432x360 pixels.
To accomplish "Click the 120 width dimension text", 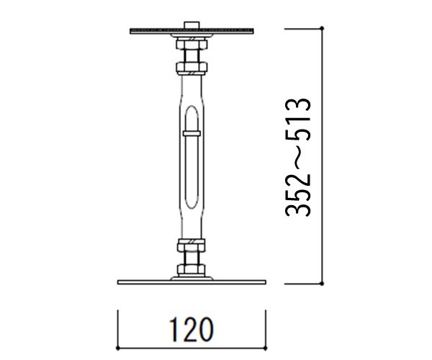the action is tap(192, 330).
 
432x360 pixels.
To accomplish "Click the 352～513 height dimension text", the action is tap(298, 157).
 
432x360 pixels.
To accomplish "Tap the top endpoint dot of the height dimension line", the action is tap(322, 28).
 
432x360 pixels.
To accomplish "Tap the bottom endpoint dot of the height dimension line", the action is tap(322, 284).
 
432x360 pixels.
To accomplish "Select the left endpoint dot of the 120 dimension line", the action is tap(118, 348).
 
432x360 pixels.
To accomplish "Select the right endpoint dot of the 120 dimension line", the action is tap(265, 348).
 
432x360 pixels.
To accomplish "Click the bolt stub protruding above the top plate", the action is tap(192, 24).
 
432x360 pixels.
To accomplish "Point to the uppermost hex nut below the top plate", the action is tap(192, 44).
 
